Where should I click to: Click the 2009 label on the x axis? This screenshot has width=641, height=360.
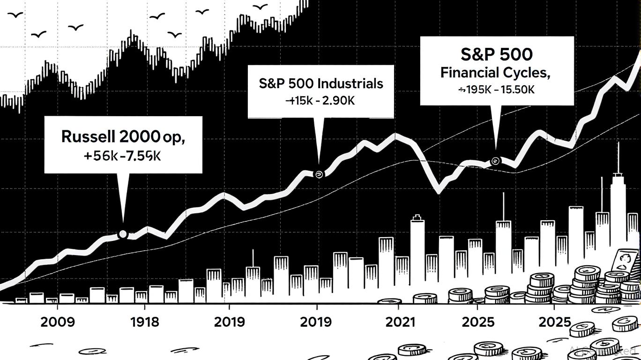tap(57, 322)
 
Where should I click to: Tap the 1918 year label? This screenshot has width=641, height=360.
tap(144, 322)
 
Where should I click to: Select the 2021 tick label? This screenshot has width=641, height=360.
tap(400, 322)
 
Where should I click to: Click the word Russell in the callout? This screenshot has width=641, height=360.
tap(87, 137)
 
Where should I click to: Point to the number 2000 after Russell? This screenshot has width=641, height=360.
tap(140, 137)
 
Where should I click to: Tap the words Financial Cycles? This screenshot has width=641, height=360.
tap(495, 73)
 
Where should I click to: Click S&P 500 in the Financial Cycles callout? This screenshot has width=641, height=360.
tap(496, 55)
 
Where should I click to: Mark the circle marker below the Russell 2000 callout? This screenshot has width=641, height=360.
tap(123, 233)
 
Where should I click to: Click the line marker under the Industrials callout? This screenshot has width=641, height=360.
tap(319, 174)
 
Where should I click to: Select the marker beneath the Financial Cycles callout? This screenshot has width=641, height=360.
tap(496, 162)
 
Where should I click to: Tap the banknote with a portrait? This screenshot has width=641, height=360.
tap(625, 262)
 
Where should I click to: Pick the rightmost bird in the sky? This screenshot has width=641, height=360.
tap(261, 7)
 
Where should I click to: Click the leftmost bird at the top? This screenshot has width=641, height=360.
tap(15, 15)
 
